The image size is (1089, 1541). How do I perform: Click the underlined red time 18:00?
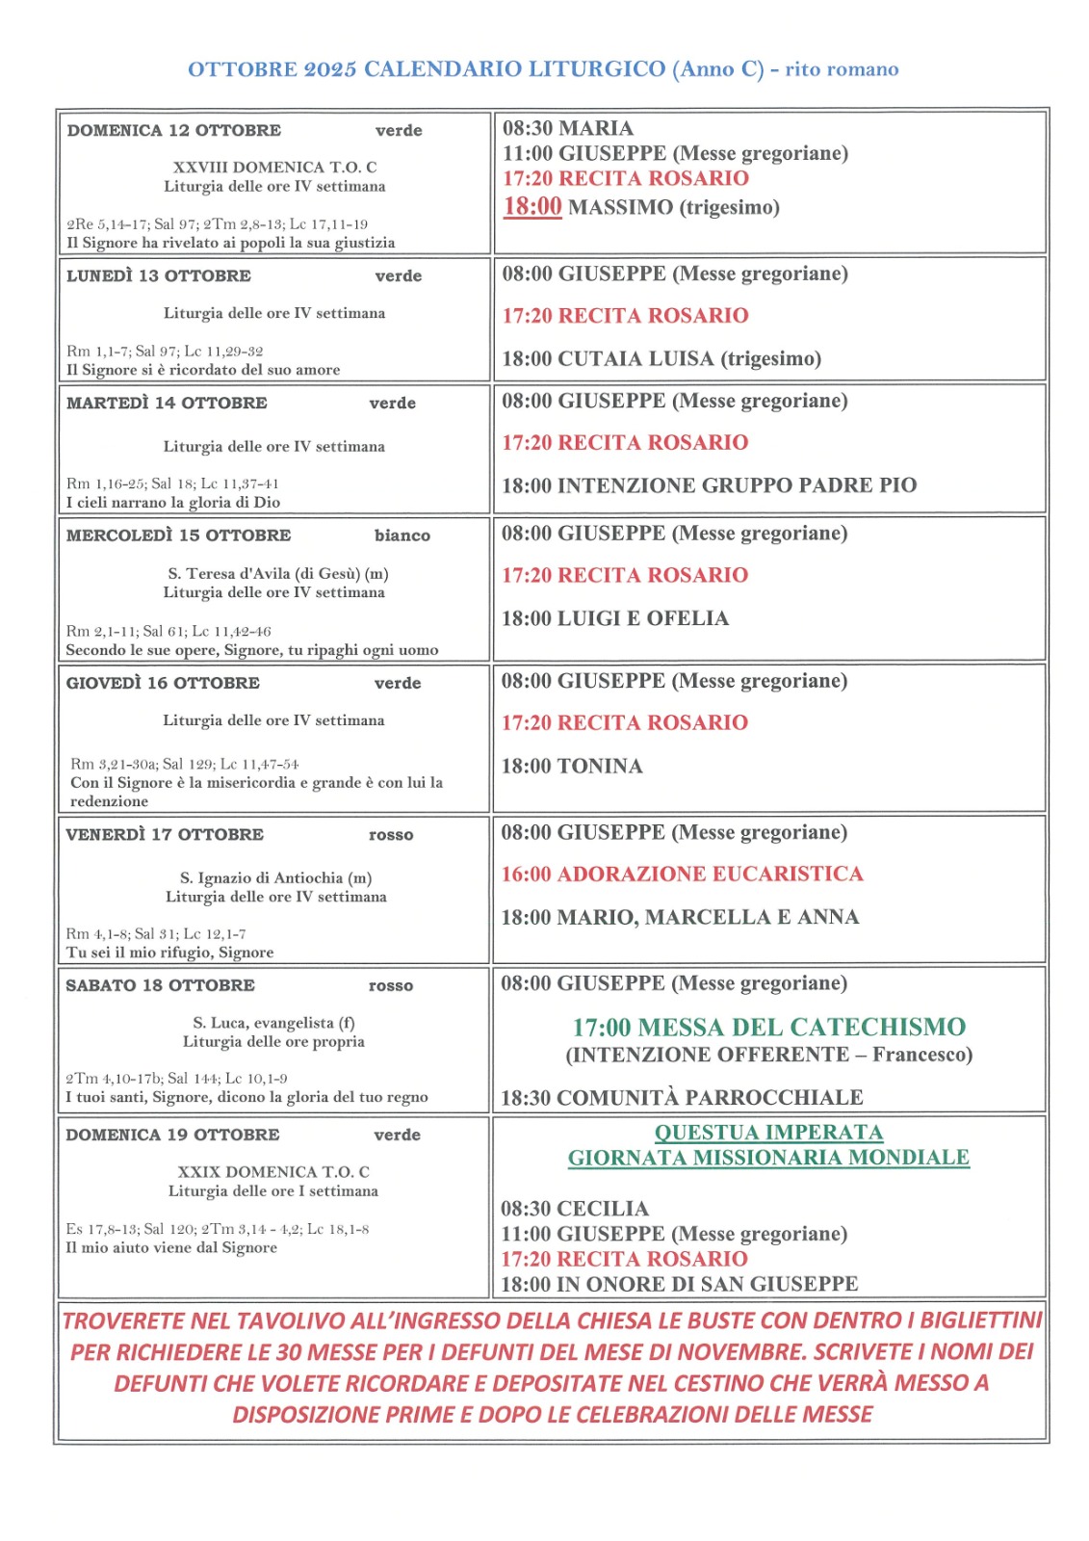tap(532, 206)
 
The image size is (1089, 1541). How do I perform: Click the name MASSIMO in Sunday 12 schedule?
tap(620, 207)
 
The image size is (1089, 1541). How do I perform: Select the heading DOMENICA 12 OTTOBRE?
tap(174, 130)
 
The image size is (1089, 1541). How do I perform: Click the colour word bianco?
tap(402, 535)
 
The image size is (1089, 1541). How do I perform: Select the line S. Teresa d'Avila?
tap(277, 574)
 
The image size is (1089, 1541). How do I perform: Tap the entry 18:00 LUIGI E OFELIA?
tap(614, 618)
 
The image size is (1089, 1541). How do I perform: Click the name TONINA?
tap(600, 767)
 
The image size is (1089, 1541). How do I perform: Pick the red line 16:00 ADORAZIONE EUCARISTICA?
tap(682, 875)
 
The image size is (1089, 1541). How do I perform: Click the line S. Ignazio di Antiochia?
tap(275, 878)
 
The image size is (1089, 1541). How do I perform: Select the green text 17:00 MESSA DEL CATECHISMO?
tap(768, 1028)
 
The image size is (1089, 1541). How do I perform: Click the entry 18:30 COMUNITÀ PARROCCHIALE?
tap(682, 1098)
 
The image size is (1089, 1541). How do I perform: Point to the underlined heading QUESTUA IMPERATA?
tap(768, 1133)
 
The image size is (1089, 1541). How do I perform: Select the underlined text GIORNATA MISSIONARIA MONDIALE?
tap(768, 1158)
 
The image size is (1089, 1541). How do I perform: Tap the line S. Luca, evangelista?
tap(273, 1023)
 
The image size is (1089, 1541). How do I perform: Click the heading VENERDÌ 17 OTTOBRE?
tap(165, 835)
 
